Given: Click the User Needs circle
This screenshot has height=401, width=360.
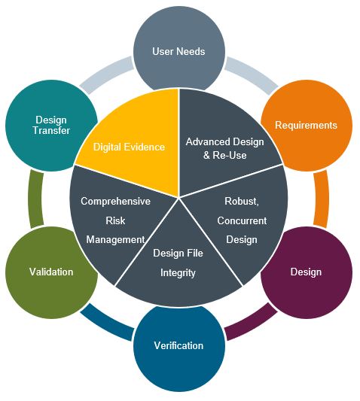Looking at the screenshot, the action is pyautogui.click(x=179, y=51).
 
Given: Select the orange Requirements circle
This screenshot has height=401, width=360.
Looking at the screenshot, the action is pyautogui.click(x=307, y=125).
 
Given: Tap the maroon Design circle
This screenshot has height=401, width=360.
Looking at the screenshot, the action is pyautogui.click(x=307, y=272).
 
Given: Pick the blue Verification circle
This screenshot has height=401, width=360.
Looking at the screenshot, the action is pyautogui.click(x=179, y=346).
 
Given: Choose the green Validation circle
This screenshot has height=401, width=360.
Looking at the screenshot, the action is pyautogui.click(x=51, y=272).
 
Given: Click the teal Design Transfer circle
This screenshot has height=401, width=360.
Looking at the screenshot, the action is pyautogui.click(x=51, y=125).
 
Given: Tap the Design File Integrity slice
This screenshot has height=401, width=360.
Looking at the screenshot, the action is pyautogui.click(x=178, y=263).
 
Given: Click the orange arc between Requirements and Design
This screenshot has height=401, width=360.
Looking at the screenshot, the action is pyautogui.click(x=322, y=199).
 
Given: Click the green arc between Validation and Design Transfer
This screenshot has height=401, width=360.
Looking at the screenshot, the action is pyautogui.click(x=36, y=199).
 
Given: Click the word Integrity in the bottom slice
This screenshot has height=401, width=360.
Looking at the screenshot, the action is pyautogui.click(x=178, y=273).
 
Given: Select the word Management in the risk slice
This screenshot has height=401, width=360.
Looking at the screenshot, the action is pyautogui.click(x=115, y=240).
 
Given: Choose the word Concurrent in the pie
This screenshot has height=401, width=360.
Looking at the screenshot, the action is pyautogui.click(x=242, y=220).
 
